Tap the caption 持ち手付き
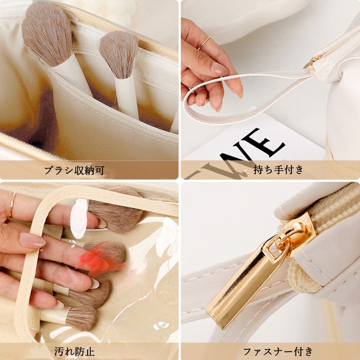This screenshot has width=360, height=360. click(279, 170)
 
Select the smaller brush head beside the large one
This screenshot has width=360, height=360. click(119, 54)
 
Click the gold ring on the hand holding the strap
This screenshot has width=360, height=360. click(203, 43)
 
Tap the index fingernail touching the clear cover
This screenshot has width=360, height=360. click(31, 240)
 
